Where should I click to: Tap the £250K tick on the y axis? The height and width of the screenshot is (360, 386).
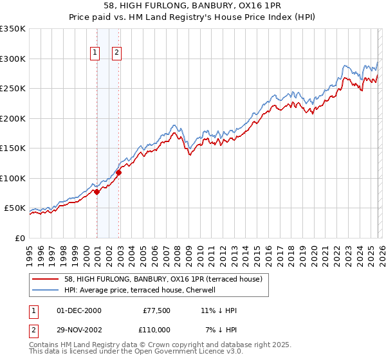tap(13, 89)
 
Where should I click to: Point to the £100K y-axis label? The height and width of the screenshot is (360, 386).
tap(13, 178)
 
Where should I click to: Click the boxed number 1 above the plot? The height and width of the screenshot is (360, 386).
tap(95, 53)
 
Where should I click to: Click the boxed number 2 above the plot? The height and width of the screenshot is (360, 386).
tap(117, 53)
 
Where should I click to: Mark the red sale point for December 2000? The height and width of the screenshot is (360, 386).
tap(96, 192)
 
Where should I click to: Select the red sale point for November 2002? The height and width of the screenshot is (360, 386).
tap(119, 172)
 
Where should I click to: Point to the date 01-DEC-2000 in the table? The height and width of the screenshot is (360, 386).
tap(79, 310)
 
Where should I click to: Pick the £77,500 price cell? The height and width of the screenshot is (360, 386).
tap(155, 310)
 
